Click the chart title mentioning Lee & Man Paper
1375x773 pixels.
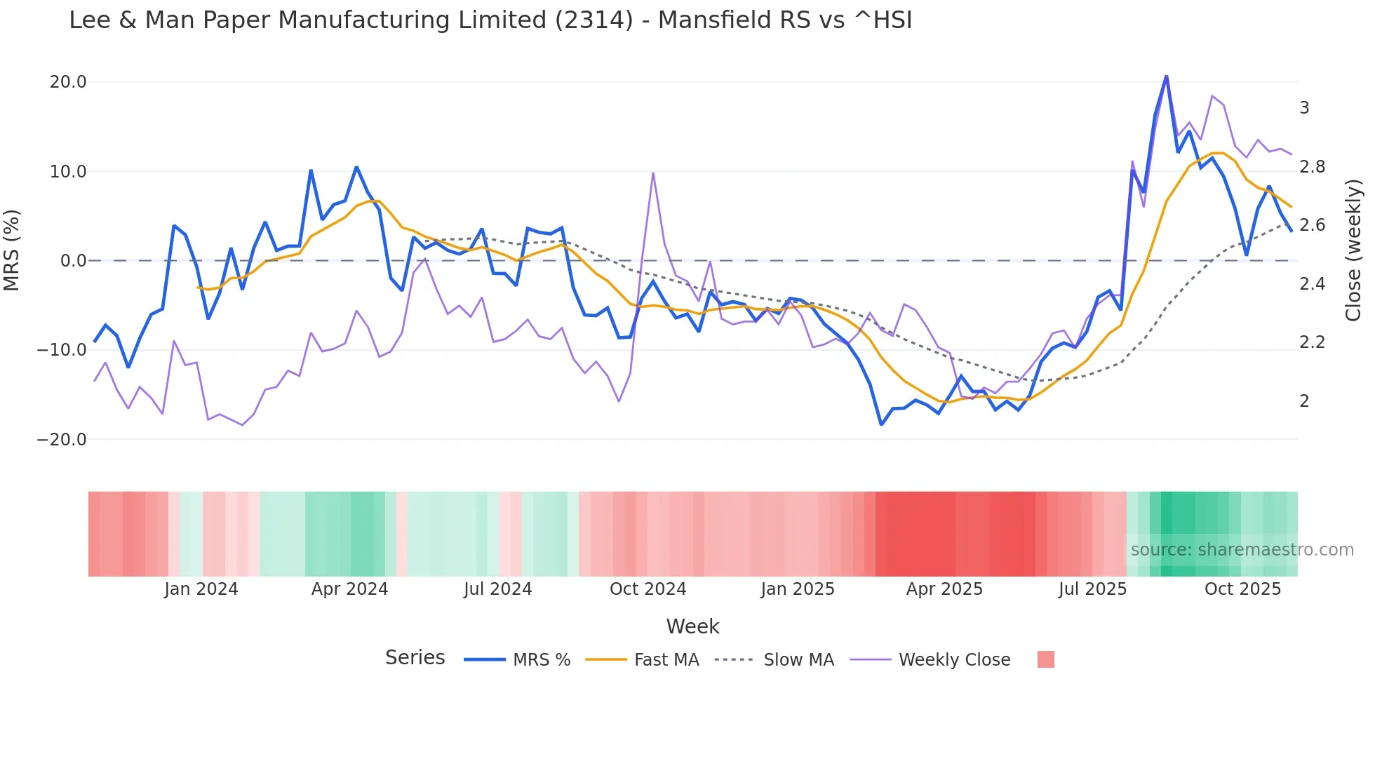click(x=490, y=20)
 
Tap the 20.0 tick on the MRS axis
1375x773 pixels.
click(x=68, y=82)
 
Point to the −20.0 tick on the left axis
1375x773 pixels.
click(x=62, y=440)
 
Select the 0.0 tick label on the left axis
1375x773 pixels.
click(x=73, y=261)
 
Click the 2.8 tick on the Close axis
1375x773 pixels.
click(x=1312, y=167)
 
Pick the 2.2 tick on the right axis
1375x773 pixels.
click(x=1312, y=342)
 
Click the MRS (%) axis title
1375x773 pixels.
click(x=12, y=250)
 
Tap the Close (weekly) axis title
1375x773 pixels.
click(x=1353, y=250)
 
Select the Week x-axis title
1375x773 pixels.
click(x=692, y=626)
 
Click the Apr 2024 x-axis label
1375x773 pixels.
click(x=349, y=589)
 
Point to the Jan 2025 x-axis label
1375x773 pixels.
click(x=798, y=589)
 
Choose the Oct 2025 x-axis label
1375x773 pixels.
click(x=1242, y=589)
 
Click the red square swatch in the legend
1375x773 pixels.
click(x=1045, y=659)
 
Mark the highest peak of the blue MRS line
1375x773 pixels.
click(x=1166, y=76)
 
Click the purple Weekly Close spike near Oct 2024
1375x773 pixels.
click(x=653, y=173)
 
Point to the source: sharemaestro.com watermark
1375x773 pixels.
click(x=1242, y=550)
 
